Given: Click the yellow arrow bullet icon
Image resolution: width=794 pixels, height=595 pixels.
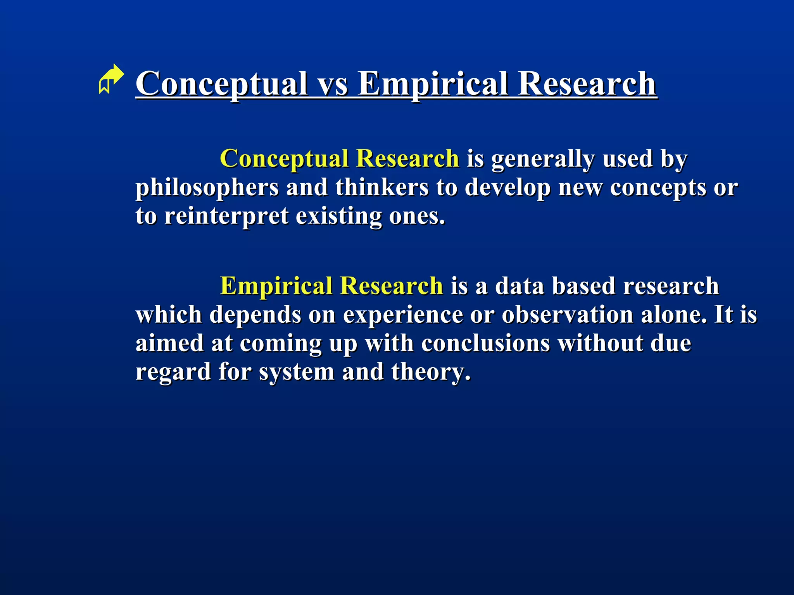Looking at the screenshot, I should click(111, 79).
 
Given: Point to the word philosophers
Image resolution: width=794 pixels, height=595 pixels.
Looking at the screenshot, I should click(207, 188).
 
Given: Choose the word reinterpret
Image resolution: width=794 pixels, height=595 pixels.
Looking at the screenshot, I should click(226, 216).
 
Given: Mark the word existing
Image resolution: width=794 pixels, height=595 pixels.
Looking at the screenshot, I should click(339, 216).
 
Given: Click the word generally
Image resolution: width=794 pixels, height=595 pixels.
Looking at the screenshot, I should click(543, 159).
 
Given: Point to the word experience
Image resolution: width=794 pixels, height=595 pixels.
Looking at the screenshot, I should click(403, 315).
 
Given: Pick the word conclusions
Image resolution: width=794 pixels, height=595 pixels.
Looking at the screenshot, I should click(485, 343).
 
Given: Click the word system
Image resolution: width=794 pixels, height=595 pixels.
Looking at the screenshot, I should click(297, 372).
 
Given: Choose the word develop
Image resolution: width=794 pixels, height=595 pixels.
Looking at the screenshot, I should click(507, 188).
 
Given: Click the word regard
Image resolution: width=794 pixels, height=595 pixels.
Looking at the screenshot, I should click(173, 372).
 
